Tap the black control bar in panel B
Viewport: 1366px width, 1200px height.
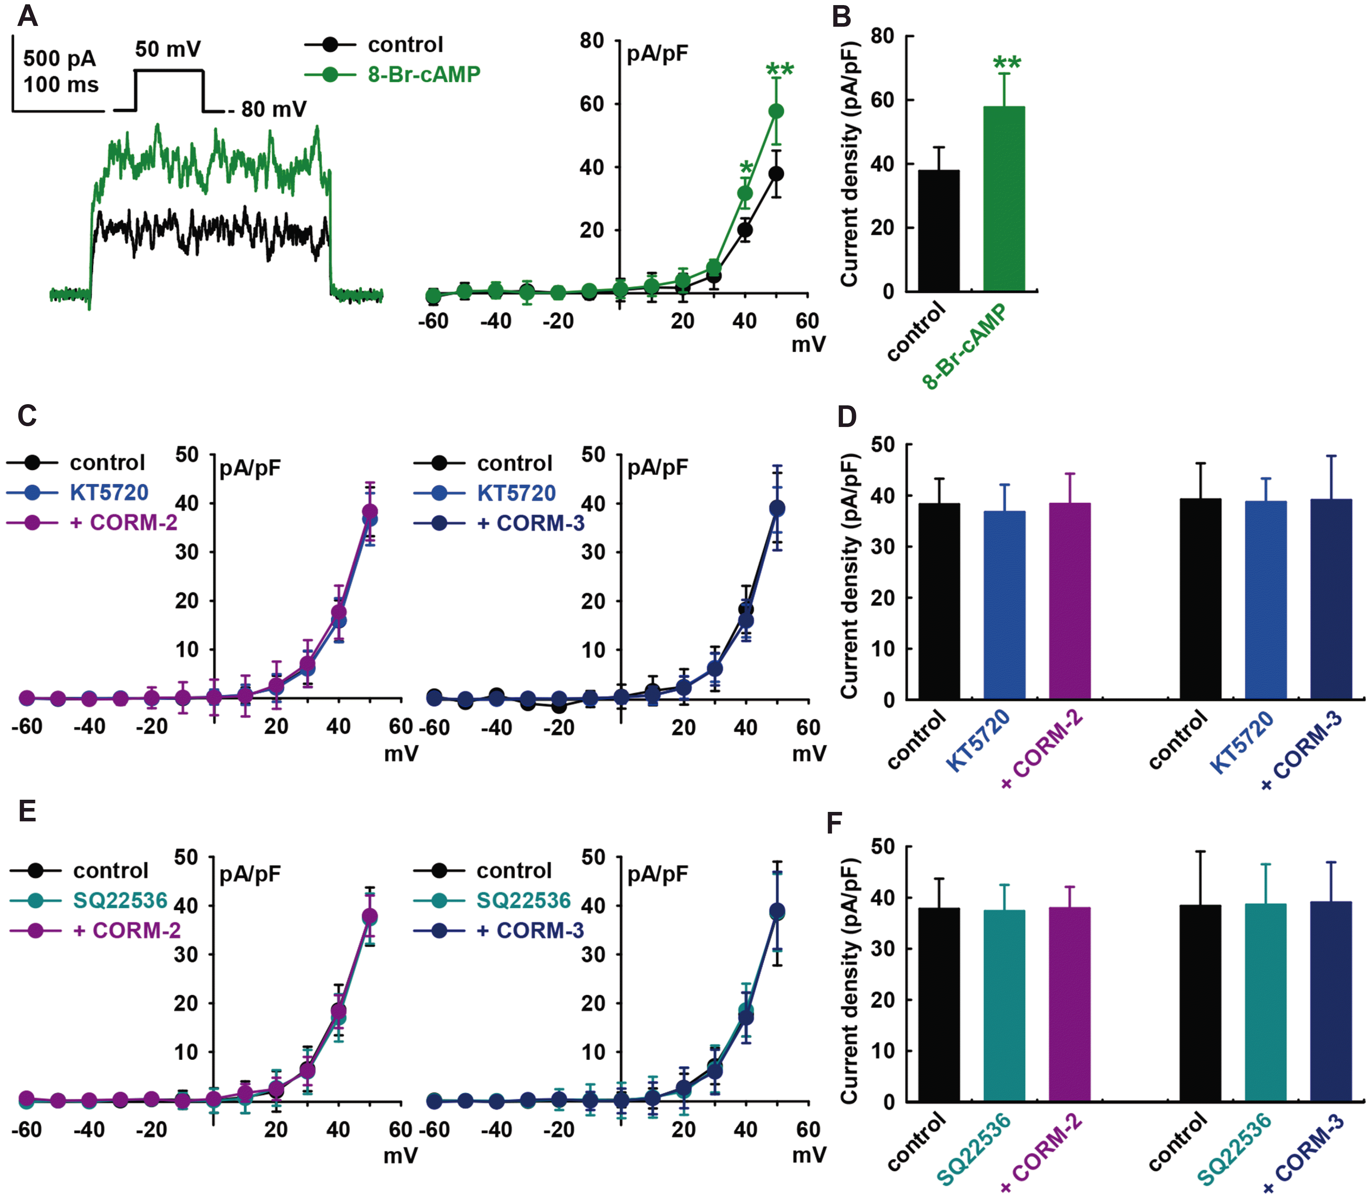click(938, 231)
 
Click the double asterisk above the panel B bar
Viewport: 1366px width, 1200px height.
click(1006, 64)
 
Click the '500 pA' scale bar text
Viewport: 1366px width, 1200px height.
click(59, 59)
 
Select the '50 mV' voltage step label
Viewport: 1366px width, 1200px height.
click(168, 49)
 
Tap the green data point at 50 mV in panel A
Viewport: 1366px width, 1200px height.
click(776, 111)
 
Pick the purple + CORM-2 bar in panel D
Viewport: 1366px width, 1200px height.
click(1069, 601)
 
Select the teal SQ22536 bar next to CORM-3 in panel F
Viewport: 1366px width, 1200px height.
click(1265, 1002)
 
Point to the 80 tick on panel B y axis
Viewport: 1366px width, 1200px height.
click(882, 36)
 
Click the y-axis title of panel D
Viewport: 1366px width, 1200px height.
click(849, 576)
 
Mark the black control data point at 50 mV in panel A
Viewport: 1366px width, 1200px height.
click(776, 174)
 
